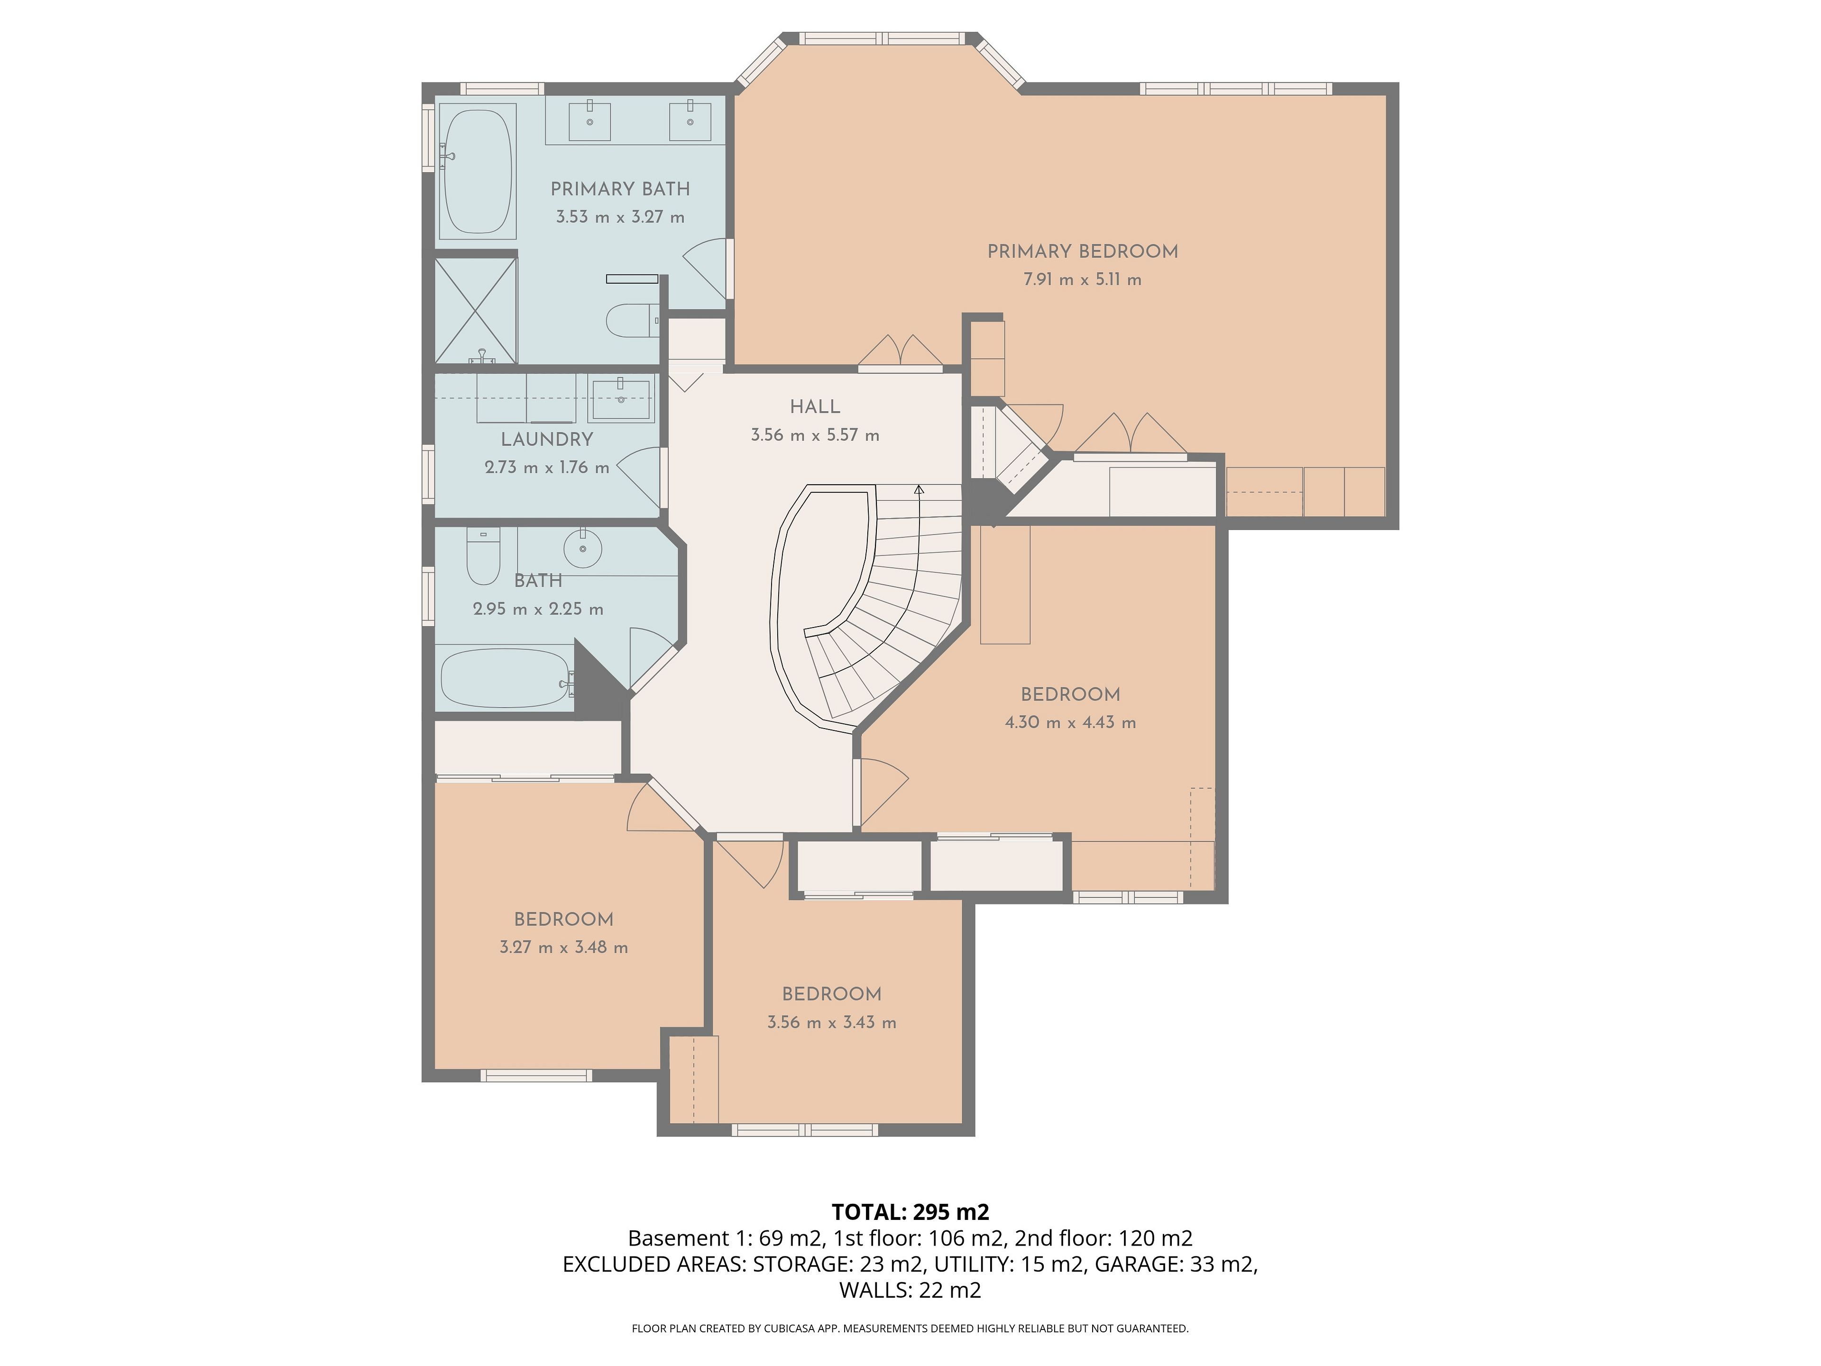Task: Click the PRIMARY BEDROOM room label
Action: pos(1083,251)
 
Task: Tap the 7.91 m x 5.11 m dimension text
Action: pos(1083,279)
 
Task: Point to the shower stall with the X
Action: pos(476,310)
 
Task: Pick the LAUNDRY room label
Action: pos(547,439)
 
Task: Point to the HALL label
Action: pos(815,407)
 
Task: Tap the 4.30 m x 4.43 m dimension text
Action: pos(1070,722)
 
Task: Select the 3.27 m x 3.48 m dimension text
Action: pos(564,947)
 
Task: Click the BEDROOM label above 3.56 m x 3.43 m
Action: pos(831,994)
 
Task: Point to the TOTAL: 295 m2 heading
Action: pos(910,1212)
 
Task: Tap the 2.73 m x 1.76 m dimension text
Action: pos(547,467)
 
